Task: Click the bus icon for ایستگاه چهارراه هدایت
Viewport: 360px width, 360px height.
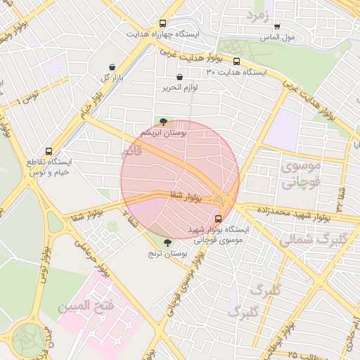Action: click(x=163, y=23)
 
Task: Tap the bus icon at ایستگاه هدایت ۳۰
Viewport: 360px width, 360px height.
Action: click(x=236, y=61)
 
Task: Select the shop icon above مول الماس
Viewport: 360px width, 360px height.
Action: click(x=276, y=27)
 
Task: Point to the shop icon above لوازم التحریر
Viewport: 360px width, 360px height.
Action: click(x=179, y=77)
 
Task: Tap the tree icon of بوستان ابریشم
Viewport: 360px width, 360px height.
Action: click(x=163, y=122)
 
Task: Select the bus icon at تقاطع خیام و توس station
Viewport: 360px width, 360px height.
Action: click(x=49, y=151)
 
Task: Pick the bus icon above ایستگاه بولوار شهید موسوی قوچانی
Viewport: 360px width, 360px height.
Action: click(x=218, y=219)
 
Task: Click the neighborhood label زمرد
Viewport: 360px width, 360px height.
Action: click(x=257, y=15)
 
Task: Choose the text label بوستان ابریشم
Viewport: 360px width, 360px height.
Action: click(x=163, y=133)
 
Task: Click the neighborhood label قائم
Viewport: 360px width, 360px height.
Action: click(x=131, y=151)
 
